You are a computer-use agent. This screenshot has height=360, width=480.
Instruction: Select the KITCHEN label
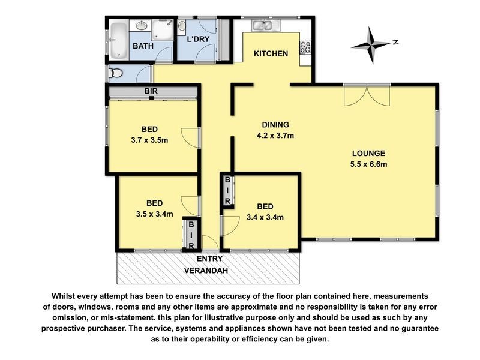[x=271, y=54]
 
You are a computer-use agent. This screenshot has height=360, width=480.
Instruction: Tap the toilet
[x=116, y=73]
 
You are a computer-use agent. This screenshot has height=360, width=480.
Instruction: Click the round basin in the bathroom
[x=142, y=26]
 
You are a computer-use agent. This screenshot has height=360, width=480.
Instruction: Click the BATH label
[x=143, y=46]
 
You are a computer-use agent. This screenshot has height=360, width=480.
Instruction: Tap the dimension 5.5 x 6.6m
[x=369, y=164]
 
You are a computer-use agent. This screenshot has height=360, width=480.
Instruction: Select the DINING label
[x=271, y=125]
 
